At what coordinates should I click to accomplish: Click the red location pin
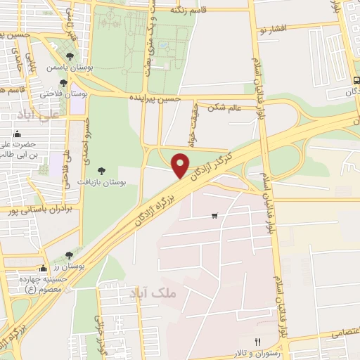click(181, 165)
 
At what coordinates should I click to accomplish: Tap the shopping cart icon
click(214, 215)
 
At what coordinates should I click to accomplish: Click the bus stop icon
click(356, 80)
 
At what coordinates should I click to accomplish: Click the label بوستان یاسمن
click(65, 68)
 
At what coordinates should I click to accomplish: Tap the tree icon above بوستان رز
click(69, 255)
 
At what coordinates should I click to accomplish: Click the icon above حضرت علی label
click(17, 134)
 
